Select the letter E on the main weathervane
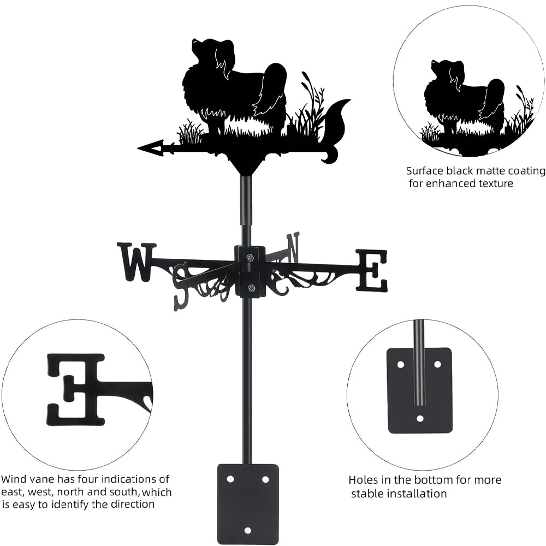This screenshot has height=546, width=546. pyautogui.click(x=372, y=270)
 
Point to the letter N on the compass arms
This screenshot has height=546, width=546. pyautogui.click(x=294, y=247)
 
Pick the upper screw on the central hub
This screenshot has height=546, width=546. pyautogui.click(x=250, y=258)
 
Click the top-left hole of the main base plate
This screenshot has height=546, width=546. pyautogui.click(x=230, y=479)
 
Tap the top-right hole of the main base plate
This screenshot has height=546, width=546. pyautogui.click(x=265, y=479)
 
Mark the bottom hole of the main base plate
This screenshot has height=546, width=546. pyautogui.click(x=248, y=530)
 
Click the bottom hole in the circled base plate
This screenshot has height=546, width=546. pyautogui.click(x=419, y=418)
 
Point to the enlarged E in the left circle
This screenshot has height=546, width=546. pyautogui.click(x=76, y=389)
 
